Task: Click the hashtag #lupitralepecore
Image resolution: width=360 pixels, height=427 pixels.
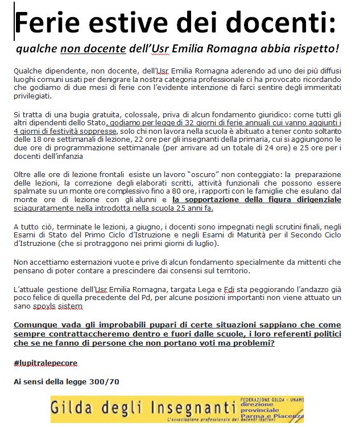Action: [x=45, y=363]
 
